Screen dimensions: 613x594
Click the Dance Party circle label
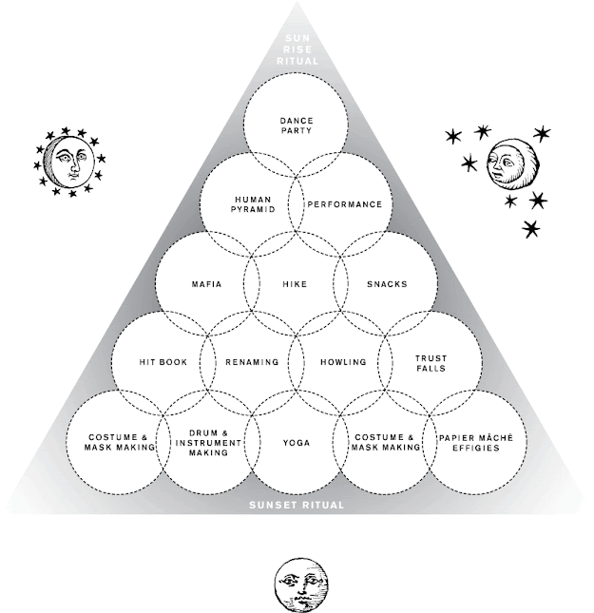pos(297,125)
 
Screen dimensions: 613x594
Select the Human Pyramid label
pos(253,204)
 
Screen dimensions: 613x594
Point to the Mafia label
pos(206,283)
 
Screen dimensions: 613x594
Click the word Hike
pos(296,283)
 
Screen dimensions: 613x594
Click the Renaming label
pos(252,362)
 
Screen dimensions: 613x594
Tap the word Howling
pos(342,362)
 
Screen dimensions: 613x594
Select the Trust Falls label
pos(431,362)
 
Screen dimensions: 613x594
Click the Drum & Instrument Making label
pos(208,442)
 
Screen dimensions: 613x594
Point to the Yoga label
pos(297,442)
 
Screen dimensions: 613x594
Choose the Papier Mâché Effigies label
pos(474,442)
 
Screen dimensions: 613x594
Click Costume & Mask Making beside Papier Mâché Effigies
pos(385,442)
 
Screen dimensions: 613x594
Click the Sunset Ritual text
pos(297,505)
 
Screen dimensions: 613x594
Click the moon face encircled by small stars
pos(67,161)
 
